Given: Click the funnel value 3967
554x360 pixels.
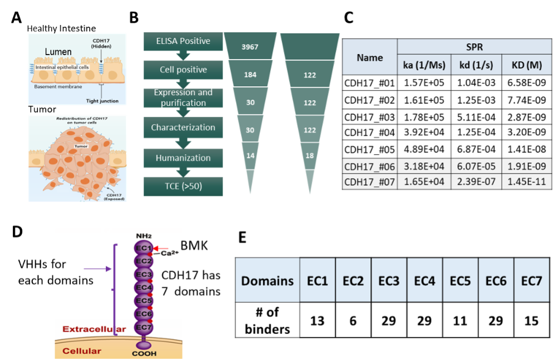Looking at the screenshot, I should [x=250, y=47].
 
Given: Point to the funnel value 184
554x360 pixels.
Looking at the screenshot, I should [x=250, y=75].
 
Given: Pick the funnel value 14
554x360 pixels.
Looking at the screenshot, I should [x=250, y=156].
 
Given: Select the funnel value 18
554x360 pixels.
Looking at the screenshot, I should [x=310, y=156].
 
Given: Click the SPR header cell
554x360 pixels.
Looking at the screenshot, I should [x=474, y=47].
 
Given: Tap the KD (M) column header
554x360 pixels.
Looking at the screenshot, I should [x=527, y=65].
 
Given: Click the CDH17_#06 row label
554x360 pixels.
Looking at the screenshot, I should [x=369, y=166].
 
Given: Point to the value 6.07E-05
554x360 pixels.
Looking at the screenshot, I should [x=474, y=166].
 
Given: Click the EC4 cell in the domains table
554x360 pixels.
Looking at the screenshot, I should [x=424, y=280].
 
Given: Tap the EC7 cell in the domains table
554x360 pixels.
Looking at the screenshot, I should [x=531, y=280].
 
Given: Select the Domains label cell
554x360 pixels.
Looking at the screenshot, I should [x=267, y=280].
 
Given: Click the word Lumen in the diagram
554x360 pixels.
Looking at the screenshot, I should [x=58, y=52].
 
